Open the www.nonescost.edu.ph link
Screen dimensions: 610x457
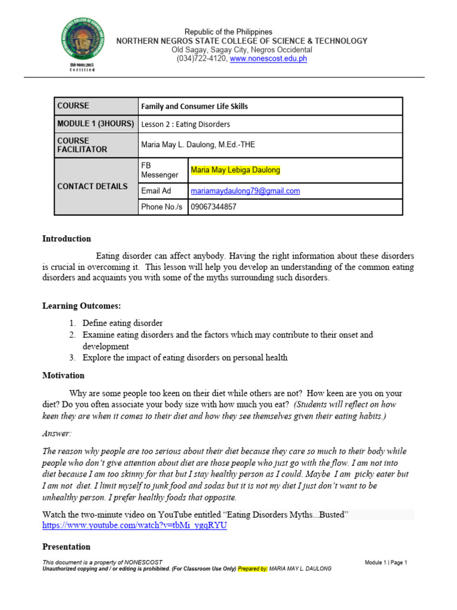268,59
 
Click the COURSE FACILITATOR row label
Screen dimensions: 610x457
82,145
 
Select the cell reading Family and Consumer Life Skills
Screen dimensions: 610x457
194,107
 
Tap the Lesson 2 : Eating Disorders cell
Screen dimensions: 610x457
185,125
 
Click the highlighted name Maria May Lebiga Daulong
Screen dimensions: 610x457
235,170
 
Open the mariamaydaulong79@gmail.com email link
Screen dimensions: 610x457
245,191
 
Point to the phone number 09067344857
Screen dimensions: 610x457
213,207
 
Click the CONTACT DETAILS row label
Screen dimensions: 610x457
92,186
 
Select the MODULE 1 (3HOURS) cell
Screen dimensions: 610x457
95,124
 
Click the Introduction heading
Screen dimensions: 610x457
67,239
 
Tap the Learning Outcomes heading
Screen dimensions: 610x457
82,306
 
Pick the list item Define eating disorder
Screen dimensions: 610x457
123,323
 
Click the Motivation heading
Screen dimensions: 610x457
63,376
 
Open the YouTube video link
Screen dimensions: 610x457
134,525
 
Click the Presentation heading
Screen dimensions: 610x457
66,547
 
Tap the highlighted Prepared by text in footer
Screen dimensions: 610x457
253,569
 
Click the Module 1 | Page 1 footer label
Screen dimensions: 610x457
386,562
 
